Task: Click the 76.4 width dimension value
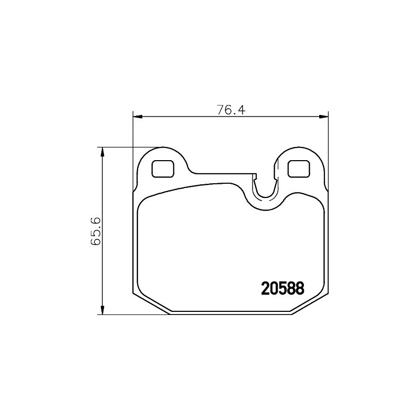click(x=231, y=110)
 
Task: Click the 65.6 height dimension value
click(x=96, y=231)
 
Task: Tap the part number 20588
click(x=282, y=288)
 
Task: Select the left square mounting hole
click(x=163, y=169)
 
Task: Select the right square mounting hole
click(x=299, y=169)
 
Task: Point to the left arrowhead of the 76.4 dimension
click(x=137, y=117)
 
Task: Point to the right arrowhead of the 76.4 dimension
click(x=324, y=117)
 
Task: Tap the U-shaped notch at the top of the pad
click(x=265, y=197)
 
